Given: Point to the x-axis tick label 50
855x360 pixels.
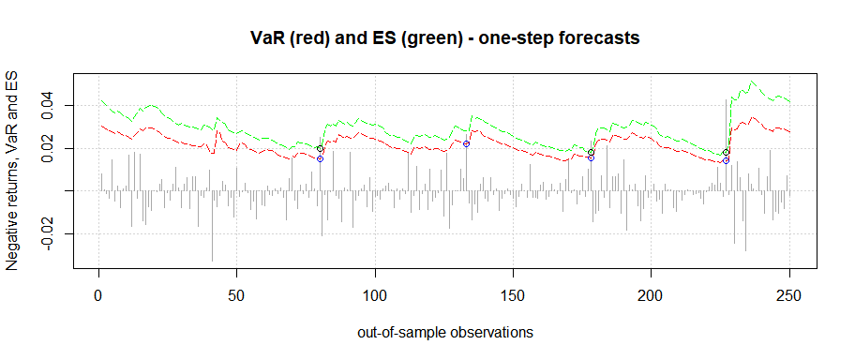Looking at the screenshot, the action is point(236,296).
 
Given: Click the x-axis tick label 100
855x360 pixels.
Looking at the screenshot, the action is point(375,296).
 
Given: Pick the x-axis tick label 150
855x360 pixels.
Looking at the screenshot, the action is point(513,296).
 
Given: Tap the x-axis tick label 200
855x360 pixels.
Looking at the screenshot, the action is point(652,296).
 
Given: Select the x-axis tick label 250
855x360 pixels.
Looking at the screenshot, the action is point(789,296).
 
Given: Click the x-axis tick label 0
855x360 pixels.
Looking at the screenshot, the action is point(98,296).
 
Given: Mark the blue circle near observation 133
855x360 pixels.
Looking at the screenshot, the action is point(466,143).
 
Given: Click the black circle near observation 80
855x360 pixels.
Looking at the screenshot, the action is point(320,149).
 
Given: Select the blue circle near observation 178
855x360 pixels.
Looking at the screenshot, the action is point(591,157).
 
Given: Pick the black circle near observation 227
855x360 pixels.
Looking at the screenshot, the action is point(726,152).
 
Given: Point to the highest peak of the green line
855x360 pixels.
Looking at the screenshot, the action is point(753,82).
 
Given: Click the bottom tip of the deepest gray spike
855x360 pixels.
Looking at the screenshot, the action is point(212,261).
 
